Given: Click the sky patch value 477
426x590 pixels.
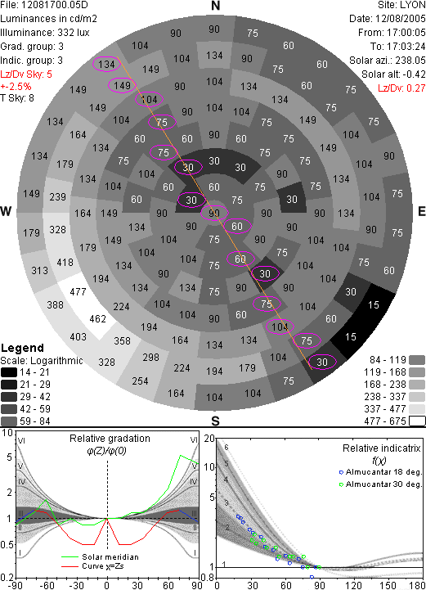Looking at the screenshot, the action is pyautogui.click(x=78, y=291).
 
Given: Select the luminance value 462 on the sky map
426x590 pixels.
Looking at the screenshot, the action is pyautogui.click(x=98, y=319).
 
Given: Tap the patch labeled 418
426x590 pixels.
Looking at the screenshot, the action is pyautogui.click(x=65, y=262).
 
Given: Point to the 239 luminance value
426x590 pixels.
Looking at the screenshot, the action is pyautogui.click(x=57, y=196).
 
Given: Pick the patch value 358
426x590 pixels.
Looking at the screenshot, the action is pyautogui.click(x=122, y=341).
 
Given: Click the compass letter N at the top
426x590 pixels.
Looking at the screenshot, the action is pyautogui.click(x=215, y=6).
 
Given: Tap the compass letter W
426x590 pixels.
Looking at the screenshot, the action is pyautogui.click(x=6, y=211).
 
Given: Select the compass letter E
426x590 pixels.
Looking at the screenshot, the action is pyautogui.click(x=421, y=211).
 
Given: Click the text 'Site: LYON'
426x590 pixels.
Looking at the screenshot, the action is pyautogui.click(x=401, y=5).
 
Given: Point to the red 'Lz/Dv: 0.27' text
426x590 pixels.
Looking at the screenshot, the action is pyautogui.click(x=401, y=88).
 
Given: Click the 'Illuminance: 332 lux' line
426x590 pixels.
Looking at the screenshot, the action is pyautogui.click(x=45, y=33).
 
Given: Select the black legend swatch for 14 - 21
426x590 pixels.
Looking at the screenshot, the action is pyautogui.click(x=9, y=372).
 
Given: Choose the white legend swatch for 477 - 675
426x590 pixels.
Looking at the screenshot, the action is pyautogui.click(x=417, y=421).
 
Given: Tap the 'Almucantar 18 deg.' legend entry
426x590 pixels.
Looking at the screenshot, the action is pyautogui.click(x=380, y=472).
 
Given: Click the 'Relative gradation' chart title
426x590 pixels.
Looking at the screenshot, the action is pyautogui.click(x=110, y=439).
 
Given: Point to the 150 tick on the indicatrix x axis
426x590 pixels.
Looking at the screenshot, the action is pyautogui.click(x=388, y=585).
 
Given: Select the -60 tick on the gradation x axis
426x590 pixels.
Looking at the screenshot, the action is pyautogui.click(x=46, y=585).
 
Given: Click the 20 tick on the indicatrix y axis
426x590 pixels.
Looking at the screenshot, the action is pyautogui.click(x=209, y=439).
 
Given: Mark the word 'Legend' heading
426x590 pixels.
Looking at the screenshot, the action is pyautogui.click(x=23, y=348).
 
